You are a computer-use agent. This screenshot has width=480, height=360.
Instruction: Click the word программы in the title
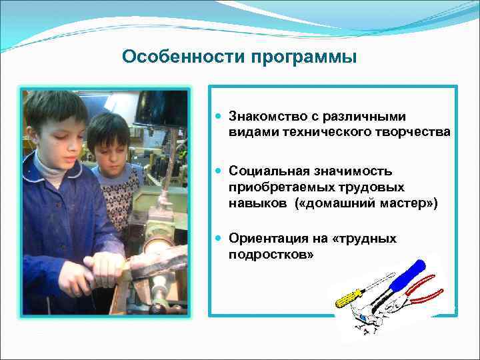pyautogui.click(x=304, y=58)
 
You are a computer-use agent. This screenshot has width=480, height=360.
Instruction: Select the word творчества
pyautogui.click(x=415, y=132)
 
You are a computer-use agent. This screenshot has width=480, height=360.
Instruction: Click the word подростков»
pyautogui.click(x=271, y=255)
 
